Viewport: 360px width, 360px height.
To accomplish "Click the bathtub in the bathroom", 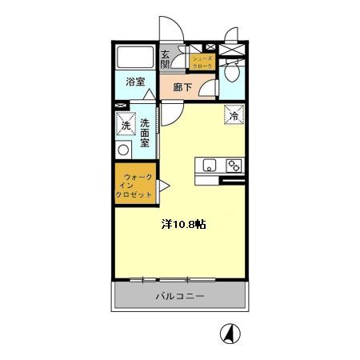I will [134, 58].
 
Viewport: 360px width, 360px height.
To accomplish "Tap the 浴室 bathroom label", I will [135, 81].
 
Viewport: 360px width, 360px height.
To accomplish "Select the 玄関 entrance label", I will [166, 59].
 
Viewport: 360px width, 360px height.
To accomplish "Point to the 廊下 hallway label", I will [182, 87].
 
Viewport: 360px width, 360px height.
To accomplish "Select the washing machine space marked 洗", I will [126, 124].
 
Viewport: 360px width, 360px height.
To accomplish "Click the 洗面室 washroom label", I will [146, 133].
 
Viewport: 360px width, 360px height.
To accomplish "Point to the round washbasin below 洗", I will [123, 150].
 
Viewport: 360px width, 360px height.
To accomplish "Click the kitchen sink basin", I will [210, 166].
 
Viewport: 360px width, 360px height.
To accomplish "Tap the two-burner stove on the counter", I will [234, 166].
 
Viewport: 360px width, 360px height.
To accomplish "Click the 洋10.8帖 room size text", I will [184, 225].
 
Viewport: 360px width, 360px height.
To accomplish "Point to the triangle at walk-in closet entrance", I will [162, 186].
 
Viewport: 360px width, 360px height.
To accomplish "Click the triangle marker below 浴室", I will [149, 96].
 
